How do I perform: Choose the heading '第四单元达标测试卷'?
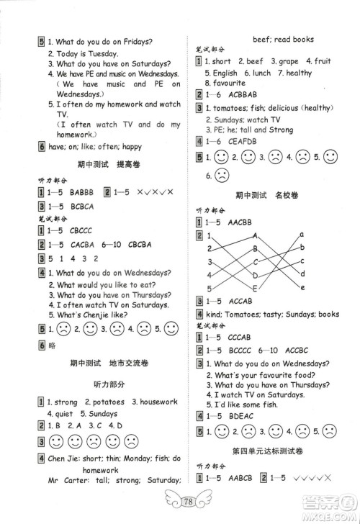269,450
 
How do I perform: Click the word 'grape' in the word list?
287,62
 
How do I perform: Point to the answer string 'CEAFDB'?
243,142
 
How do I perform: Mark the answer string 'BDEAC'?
242,415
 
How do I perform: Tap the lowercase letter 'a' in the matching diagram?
302,234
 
